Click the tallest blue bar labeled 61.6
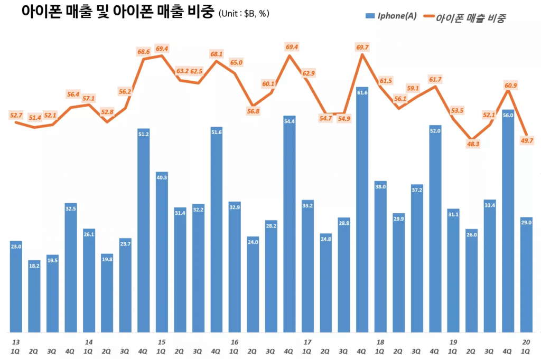362,211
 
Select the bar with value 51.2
144,232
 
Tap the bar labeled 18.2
34,296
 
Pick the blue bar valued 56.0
508,222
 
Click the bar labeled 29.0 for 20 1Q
526,274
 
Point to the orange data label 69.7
362,48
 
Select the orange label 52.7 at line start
16,115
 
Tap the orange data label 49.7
526,140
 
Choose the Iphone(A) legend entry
391,16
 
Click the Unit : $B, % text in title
244,14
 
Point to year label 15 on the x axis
162,342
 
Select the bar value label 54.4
290,121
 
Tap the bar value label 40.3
162,177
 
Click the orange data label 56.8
254,111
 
